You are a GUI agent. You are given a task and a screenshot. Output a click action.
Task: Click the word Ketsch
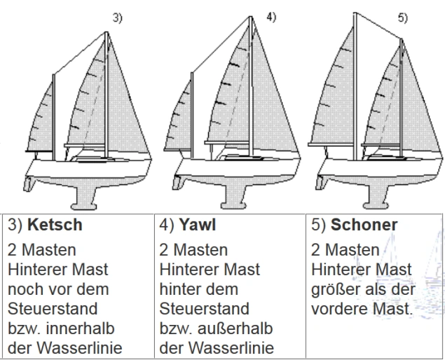coord(55,225)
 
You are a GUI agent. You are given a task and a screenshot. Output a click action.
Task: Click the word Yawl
coord(197,225)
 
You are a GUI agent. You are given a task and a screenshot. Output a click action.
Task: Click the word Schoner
coord(364,225)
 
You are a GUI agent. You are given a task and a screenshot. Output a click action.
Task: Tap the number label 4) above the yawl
coord(271,18)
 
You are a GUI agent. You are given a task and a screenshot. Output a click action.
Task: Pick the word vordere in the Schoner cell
coord(339,309)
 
